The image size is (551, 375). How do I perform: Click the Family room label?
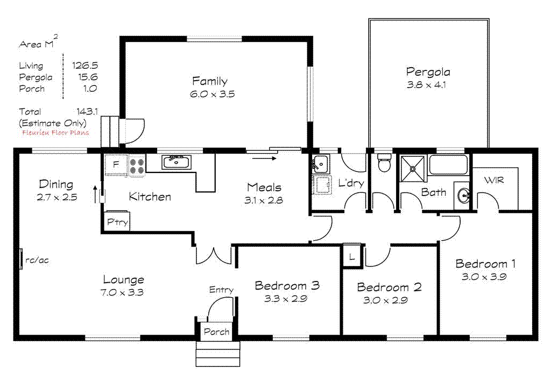pyautogui.click(x=210, y=82)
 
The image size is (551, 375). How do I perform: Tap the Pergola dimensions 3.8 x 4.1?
pyautogui.click(x=428, y=84)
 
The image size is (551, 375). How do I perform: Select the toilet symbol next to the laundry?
pyautogui.click(x=384, y=163)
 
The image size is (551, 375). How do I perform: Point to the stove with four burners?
pyautogui.click(x=137, y=165)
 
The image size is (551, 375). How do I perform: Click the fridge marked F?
pyautogui.click(x=116, y=165)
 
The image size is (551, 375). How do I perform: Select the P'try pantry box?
pyautogui.click(x=117, y=222)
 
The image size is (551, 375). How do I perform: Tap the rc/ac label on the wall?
pyautogui.click(x=37, y=260)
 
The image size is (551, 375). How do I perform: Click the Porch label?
pyautogui.click(x=216, y=332)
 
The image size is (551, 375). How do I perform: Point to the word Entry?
pyautogui.click(x=221, y=290)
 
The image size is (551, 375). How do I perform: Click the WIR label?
pyautogui.click(x=493, y=181)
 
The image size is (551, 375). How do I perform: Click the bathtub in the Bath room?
pyautogui.click(x=448, y=165)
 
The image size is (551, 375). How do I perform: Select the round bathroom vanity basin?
pyautogui.click(x=462, y=197)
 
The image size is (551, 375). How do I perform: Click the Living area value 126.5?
pyautogui.click(x=85, y=66)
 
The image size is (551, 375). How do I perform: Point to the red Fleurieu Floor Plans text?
pyautogui.click(x=55, y=133)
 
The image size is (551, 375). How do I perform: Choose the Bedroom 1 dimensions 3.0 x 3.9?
pyautogui.click(x=485, y=277)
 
